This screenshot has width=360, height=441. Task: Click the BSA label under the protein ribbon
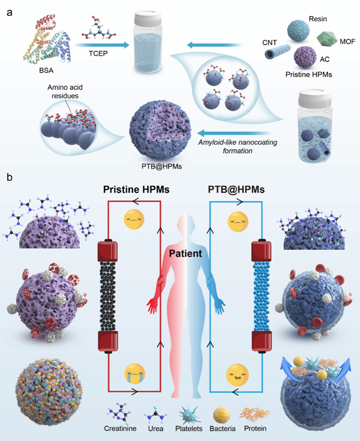(46, 70)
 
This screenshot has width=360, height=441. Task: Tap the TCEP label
(98, 54)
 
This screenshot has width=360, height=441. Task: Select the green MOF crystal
(327, 39)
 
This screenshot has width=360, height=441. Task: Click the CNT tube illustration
(277, 51)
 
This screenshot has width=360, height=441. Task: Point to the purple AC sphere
(305, 57)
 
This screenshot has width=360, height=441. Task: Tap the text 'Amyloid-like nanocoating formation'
(238, 147)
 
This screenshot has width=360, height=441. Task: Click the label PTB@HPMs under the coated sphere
(162, 167)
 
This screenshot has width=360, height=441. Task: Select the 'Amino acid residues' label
(65, 92)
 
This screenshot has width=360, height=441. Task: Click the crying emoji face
(135, 374)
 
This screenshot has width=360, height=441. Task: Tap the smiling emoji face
(237, 375)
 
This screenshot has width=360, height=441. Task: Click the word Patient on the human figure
(185, 253)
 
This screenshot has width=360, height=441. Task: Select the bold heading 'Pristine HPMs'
(136, 190)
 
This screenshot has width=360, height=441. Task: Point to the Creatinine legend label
(120, 428)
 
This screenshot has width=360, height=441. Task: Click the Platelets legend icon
(189, 415)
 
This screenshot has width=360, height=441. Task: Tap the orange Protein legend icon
(255, 414)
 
